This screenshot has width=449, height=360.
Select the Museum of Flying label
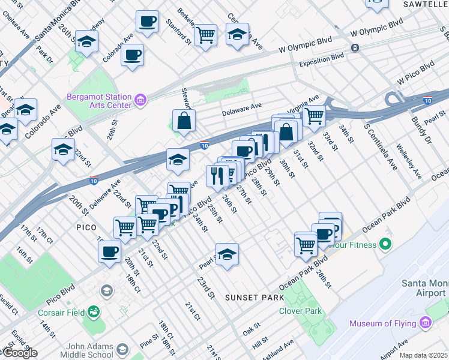pyautogui.click(x=383, y=324)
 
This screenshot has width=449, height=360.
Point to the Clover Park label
pyautogui.click(x=300, y=311)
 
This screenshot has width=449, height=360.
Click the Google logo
pyautogui.click(x=20, y=353)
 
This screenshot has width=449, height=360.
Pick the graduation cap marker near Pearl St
pyautogui.click(x=226, y=255)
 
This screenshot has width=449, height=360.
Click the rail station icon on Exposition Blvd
pyautogui.click(x=355, y=47)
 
